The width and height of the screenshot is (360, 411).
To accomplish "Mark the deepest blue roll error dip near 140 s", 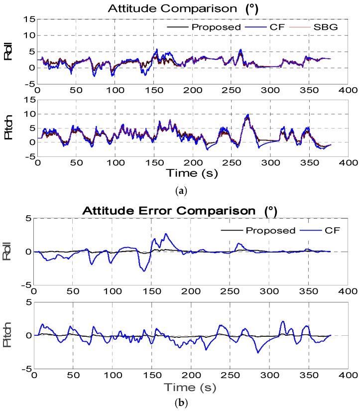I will point(144,271).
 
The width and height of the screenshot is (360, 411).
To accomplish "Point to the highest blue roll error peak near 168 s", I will point(166,233).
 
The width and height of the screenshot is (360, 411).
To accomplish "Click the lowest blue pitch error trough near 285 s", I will point(258,353).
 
